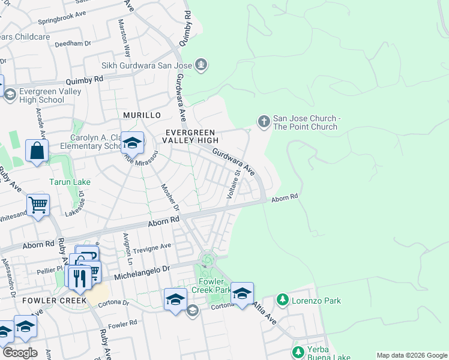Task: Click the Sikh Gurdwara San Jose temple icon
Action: click(x=201, y=64)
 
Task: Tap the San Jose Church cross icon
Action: click(x=263, y=122)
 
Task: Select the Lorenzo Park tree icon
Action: click(x=282, y=299)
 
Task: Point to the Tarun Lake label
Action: click(x=68, y=181)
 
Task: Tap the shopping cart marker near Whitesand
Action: click(x=38, y=206)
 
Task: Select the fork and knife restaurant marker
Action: click(x=79, y=278)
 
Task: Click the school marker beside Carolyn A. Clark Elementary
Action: click(x=132, y=143)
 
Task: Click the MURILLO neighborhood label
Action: click(x=142, y=115)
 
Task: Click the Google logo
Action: click(x=19, y=353)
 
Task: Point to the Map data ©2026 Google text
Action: click(x=411, y=355)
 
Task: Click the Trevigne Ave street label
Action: click(x=151, y=246)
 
